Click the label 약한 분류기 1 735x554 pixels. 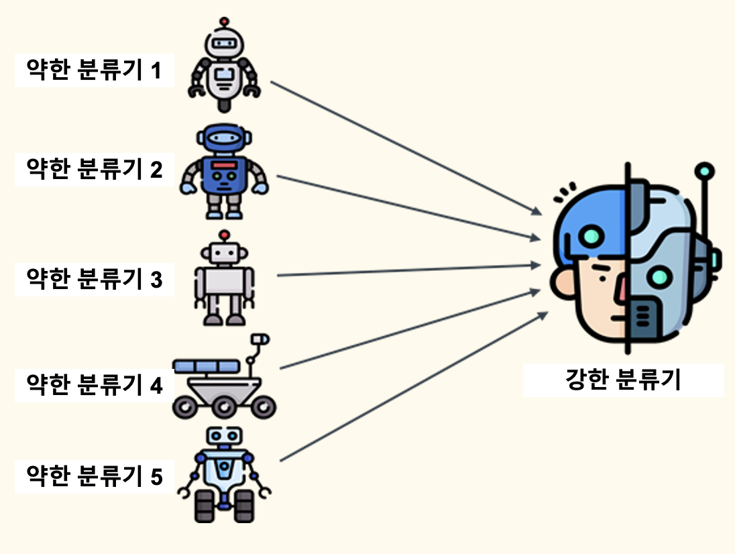point(94,70)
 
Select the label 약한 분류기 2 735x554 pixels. point(94,170)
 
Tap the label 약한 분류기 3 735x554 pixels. point(94,278)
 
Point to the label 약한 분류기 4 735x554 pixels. point(94,385)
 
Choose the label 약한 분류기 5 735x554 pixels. point(94,476)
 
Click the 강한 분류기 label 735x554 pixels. point(623,380)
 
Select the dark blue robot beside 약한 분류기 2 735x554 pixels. point(223,172)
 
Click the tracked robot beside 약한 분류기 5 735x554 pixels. point(224,476)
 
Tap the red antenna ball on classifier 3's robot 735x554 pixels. point(225,235)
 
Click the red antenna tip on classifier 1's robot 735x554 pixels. point(223,21)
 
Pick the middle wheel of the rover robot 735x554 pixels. point(225,405)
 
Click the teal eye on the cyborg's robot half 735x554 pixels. point(661,276)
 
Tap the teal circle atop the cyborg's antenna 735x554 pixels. point(703,170)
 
